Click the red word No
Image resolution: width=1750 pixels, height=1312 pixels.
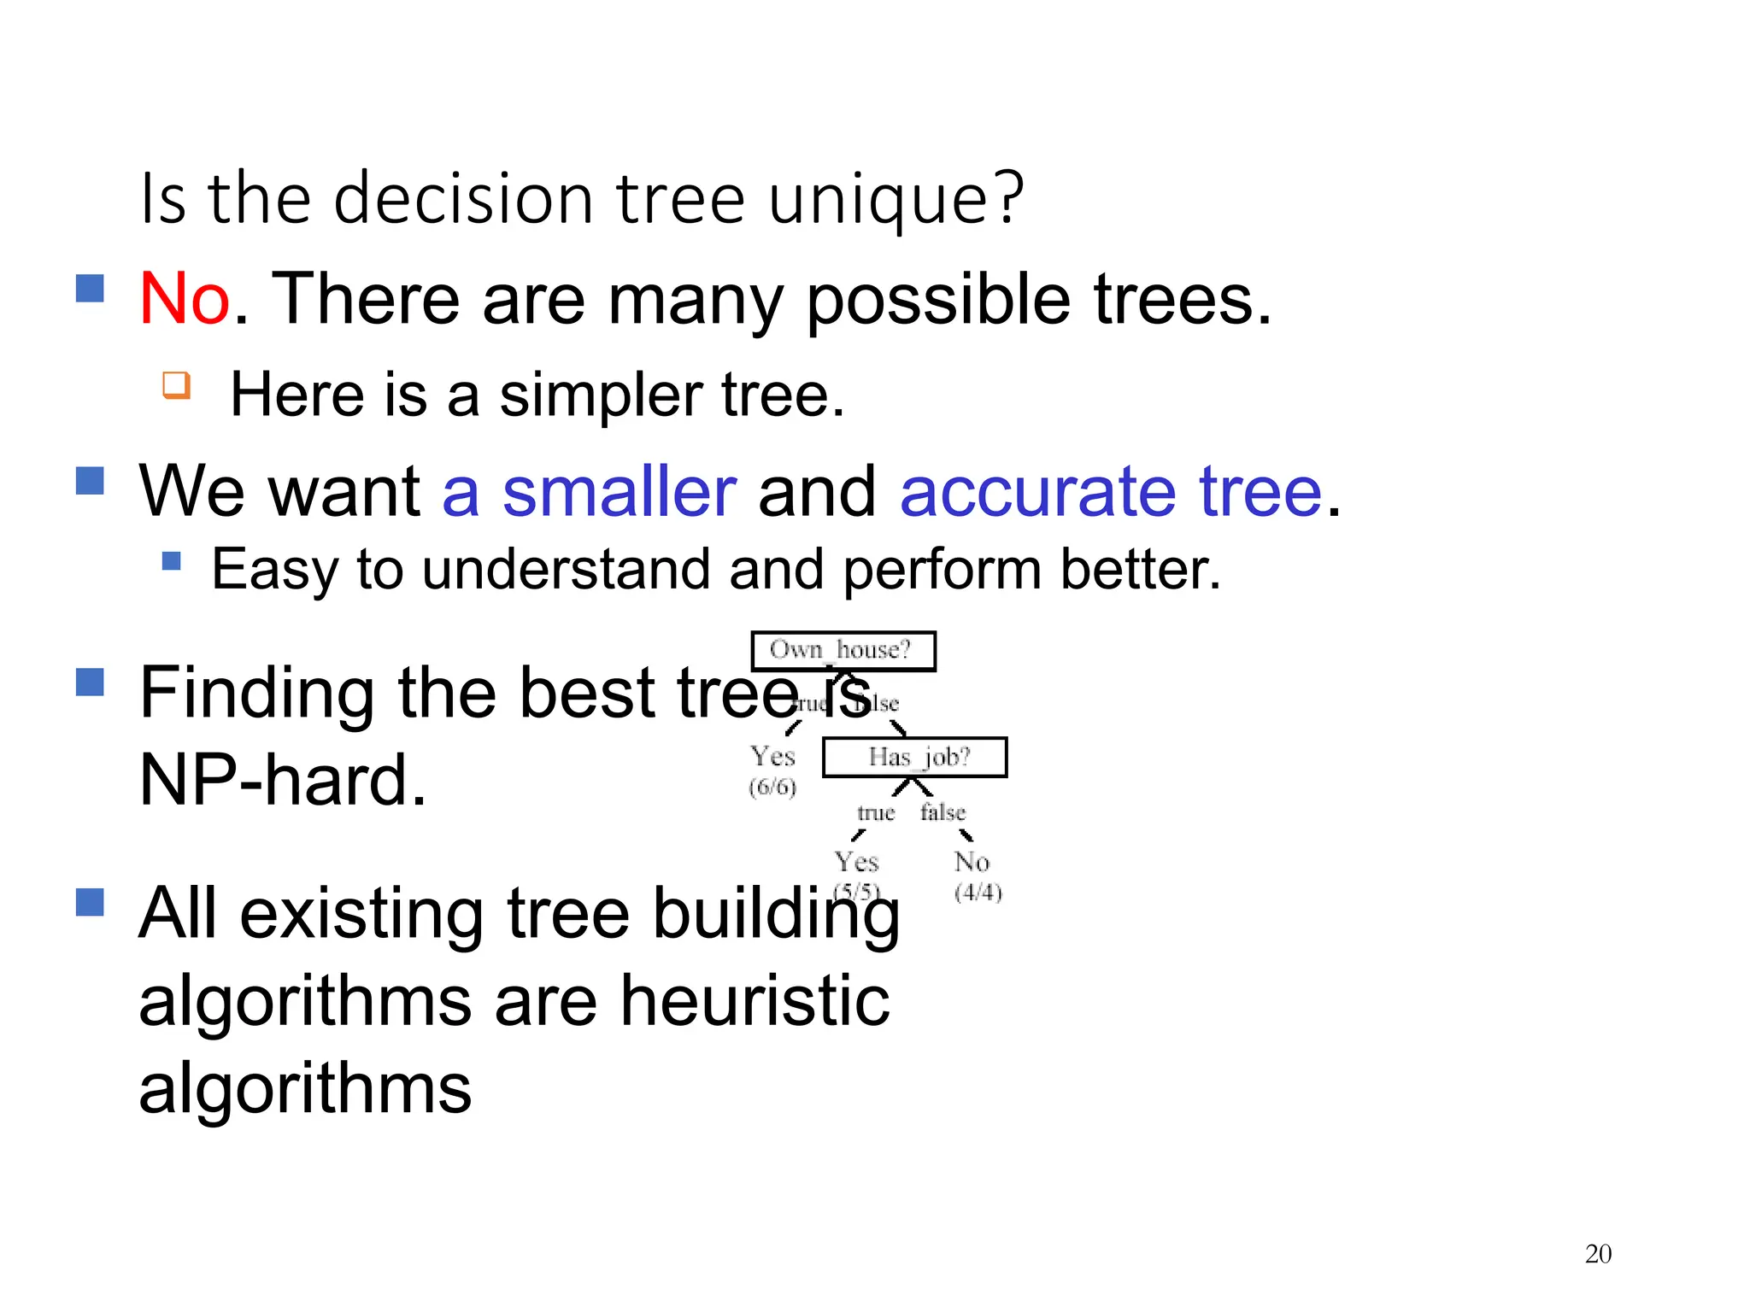tap(184, 299)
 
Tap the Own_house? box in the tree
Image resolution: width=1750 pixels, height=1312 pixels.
tap(843, 651)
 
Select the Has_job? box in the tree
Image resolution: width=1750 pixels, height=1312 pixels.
tap(914, 757)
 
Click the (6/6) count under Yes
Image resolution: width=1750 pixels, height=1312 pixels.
tap(772, 787)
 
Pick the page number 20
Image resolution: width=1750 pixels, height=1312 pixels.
tap(1598, 1254)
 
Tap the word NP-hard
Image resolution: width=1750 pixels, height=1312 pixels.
tap(282, 780)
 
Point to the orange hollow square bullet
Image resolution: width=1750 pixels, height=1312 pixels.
tap(176, 384)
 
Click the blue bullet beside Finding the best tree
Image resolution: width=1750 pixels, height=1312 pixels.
tap(90, 682)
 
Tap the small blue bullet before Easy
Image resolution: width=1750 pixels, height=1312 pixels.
tap(172, 561)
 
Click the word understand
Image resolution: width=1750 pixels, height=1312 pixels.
tap(566, 570)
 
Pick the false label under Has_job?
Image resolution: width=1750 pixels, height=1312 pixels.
tap(943, 812)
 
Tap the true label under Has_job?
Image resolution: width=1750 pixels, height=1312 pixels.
tap(875, 812)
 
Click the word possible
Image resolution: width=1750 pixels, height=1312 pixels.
tap(938, 301)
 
